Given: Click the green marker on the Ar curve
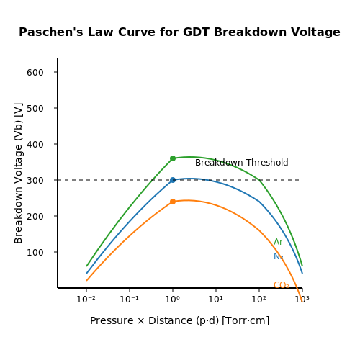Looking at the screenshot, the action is (173, 158).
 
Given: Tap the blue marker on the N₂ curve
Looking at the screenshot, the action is (173, 180).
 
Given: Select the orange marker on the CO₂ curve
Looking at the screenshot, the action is (173, 202).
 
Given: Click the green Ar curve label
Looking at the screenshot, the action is (279, 242).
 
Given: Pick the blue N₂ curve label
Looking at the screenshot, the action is (279, 256).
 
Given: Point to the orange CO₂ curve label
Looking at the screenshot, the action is (282, 285).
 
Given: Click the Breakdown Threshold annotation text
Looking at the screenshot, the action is (242, 163).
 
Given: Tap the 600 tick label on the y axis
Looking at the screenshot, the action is (35, 73).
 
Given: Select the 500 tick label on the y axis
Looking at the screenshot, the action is (35, 109).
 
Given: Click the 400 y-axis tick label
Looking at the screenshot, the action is (35, 145).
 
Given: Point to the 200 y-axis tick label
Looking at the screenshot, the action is (35, 217).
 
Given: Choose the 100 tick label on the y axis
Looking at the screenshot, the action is (35, 253).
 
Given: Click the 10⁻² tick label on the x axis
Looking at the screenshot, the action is (86, 300).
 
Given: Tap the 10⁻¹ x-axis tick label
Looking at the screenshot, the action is (129, 300).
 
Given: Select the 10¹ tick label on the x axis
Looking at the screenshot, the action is (215, 300).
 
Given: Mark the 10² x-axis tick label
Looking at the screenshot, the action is (258, 300).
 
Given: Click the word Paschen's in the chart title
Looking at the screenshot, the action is (51, 32).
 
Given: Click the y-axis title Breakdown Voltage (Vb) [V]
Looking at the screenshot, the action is (18, 174).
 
